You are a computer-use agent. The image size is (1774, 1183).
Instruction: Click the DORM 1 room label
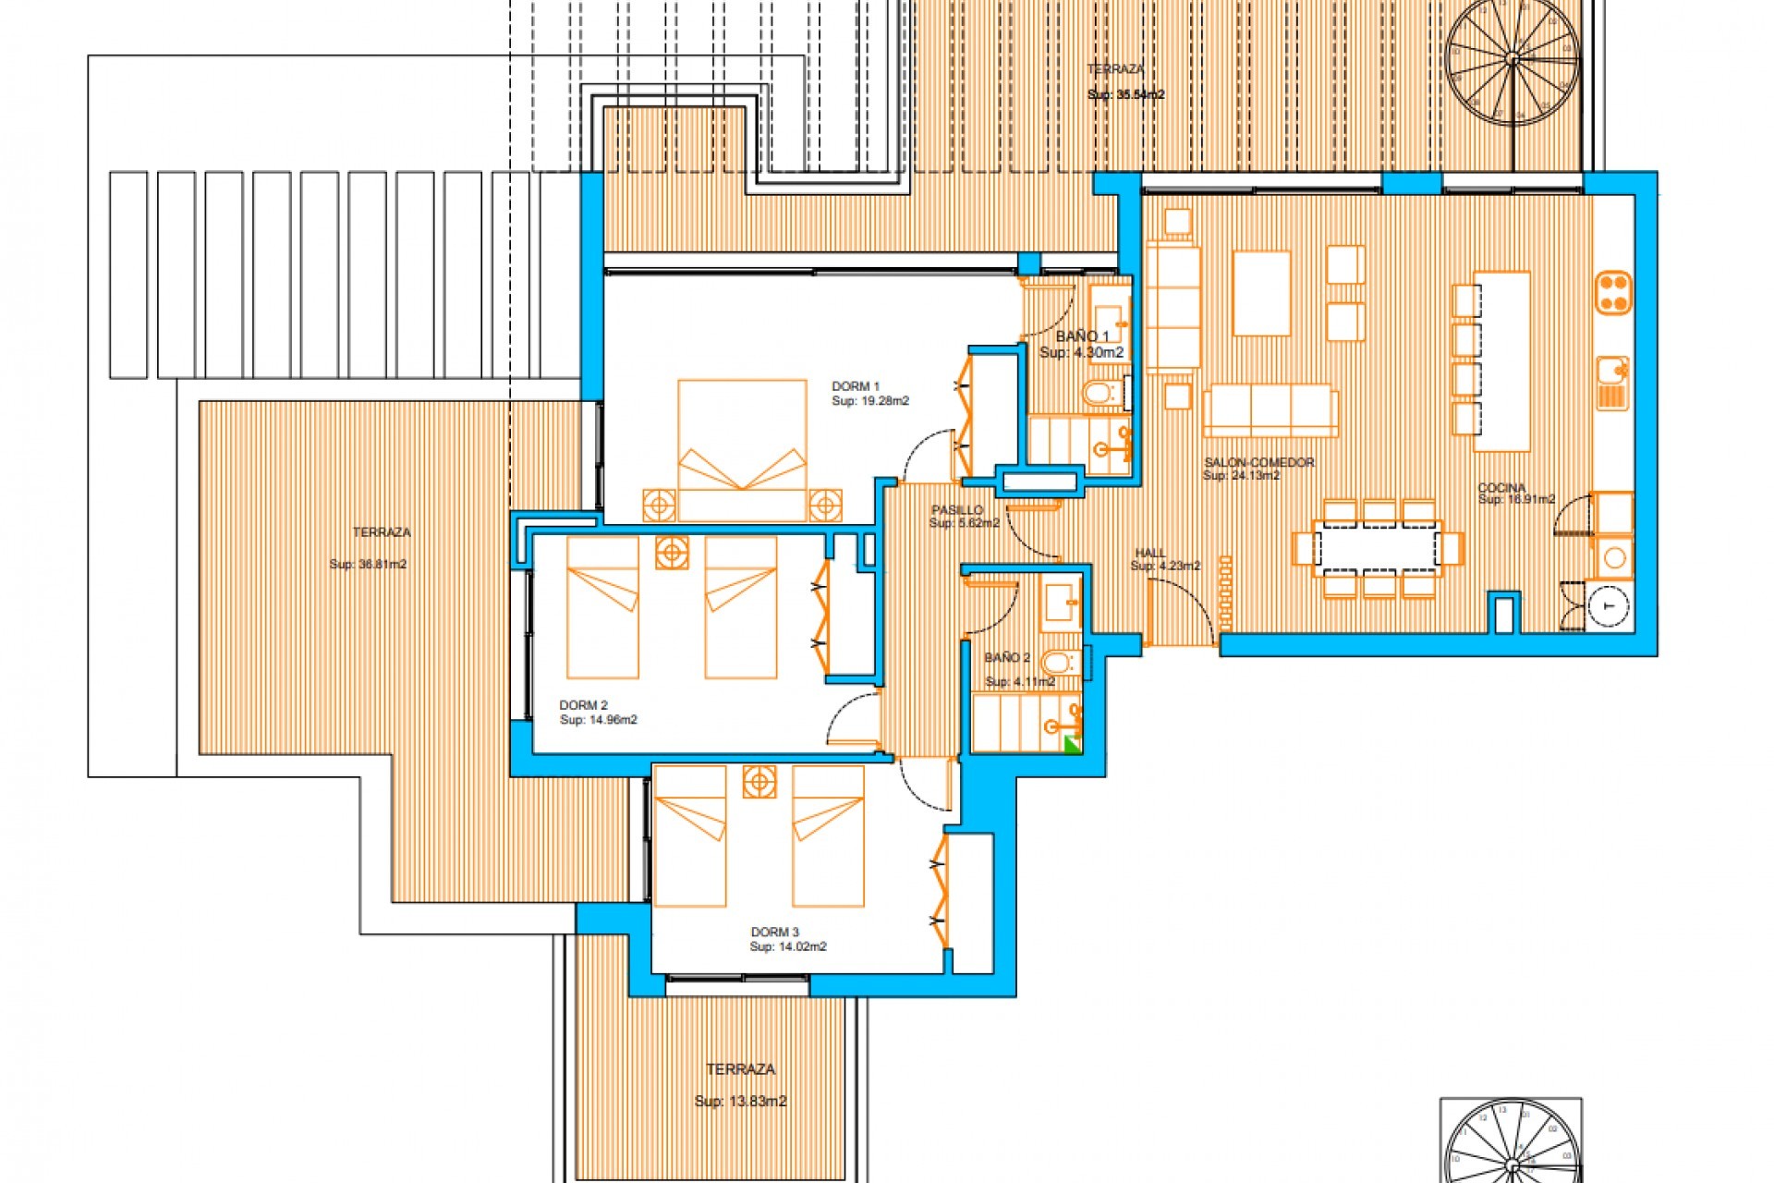click(856, 386)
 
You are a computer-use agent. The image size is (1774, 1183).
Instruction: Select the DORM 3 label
click(774, 932)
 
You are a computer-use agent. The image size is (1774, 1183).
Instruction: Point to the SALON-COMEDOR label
click(1258, 462)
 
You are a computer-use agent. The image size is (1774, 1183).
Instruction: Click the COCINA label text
click(1501, 487)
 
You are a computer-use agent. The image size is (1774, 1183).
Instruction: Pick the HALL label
click(1150, 553)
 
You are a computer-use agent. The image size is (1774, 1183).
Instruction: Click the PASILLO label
click(956, 510)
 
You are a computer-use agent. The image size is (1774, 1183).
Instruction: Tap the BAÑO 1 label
click(1082, 336)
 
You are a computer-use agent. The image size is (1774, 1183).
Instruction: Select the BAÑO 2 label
click(1006, 658)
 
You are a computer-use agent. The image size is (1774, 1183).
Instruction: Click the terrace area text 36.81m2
click(368, 564)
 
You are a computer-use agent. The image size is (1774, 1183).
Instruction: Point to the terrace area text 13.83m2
click(740, 1101)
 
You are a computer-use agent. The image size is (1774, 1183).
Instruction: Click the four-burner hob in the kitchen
click(1614, 292)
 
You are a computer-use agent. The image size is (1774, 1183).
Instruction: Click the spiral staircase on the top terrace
click(1512, 59)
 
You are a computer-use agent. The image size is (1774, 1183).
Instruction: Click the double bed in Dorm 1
click(742, 448)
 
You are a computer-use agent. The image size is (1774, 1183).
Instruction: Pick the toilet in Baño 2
click(1056, 663)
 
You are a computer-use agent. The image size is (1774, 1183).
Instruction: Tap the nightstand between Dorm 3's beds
click(759, 782)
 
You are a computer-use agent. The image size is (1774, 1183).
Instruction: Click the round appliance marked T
click(1610, 605)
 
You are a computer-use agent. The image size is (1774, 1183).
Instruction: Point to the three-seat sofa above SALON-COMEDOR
click(1270, 410)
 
